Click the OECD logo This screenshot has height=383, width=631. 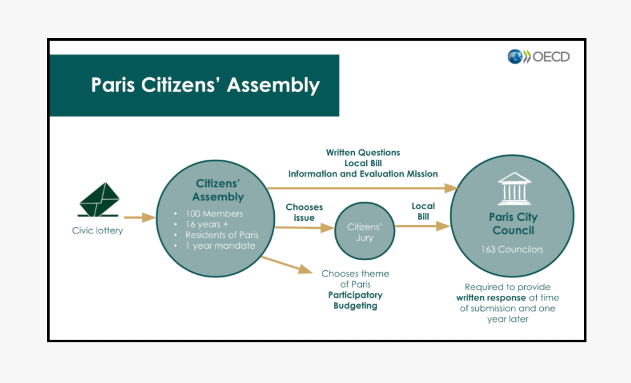click(538, 57)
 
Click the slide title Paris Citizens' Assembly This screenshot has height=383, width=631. click(205, 85)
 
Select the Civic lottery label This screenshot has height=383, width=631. click(97, 230)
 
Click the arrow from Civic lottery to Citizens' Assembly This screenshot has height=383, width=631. click(139, 218)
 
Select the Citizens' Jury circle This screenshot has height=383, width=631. click(364, 232)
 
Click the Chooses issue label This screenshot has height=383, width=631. click(304, 212)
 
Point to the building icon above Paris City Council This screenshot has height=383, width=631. click(514, 188)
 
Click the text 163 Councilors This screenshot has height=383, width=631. click(512, 249)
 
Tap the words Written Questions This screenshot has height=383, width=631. click(363, 153)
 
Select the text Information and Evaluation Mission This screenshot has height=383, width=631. click(363, 174)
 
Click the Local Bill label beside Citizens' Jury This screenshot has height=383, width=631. click(423, 211)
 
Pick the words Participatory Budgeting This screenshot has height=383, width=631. click(355, 300)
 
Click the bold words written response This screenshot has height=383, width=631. click(491, 298)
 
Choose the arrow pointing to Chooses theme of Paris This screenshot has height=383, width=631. click(286, 264)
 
